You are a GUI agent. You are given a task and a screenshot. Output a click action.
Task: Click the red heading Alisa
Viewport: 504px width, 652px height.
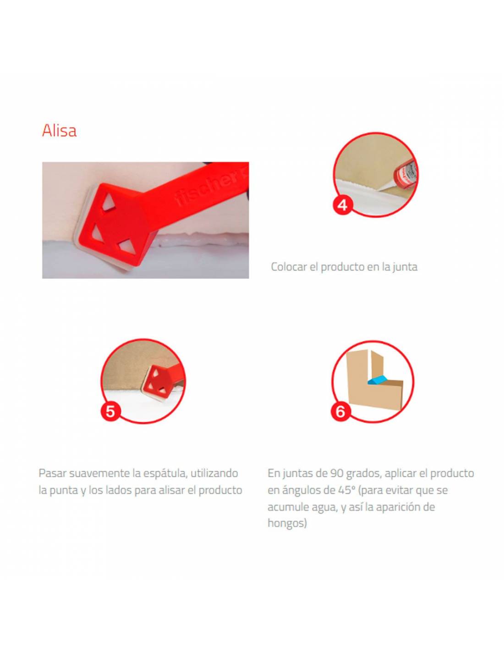coord(59,131)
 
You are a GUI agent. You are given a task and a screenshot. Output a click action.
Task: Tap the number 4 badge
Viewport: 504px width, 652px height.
coord(342,205)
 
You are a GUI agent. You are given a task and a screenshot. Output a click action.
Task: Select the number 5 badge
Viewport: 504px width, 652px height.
coord(110,411)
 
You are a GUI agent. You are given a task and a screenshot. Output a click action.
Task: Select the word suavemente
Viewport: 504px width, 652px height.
coord(100,474)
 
